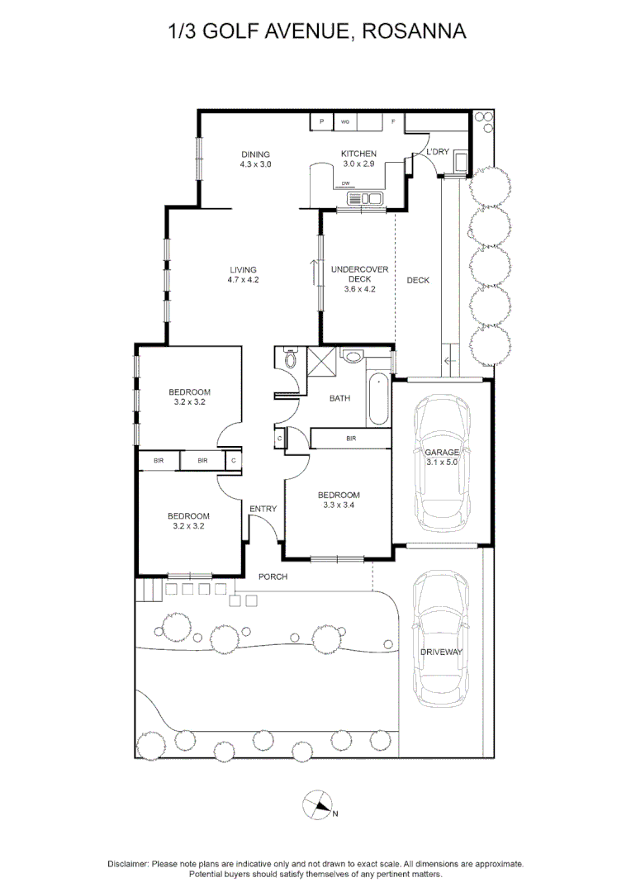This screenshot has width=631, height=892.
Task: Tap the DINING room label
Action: [255, 154]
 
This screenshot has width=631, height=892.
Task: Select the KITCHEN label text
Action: [358, 154]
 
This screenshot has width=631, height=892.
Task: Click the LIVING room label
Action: [243, 269]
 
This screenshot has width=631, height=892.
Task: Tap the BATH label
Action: [339, 398]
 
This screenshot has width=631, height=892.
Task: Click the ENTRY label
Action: [263, 509]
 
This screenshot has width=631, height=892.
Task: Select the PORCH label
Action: [273, 576]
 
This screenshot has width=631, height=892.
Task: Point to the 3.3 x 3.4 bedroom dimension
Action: [339, 505]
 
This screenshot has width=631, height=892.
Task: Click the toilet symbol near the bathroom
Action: [290, 359]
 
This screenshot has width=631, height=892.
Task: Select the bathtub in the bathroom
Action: [377, 399]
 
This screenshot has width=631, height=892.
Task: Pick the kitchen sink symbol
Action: [366, 198]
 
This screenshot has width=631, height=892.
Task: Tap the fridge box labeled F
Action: [393, 122]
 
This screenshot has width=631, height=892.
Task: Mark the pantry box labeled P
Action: [321, 122]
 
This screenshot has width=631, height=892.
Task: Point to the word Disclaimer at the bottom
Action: [128, 863]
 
